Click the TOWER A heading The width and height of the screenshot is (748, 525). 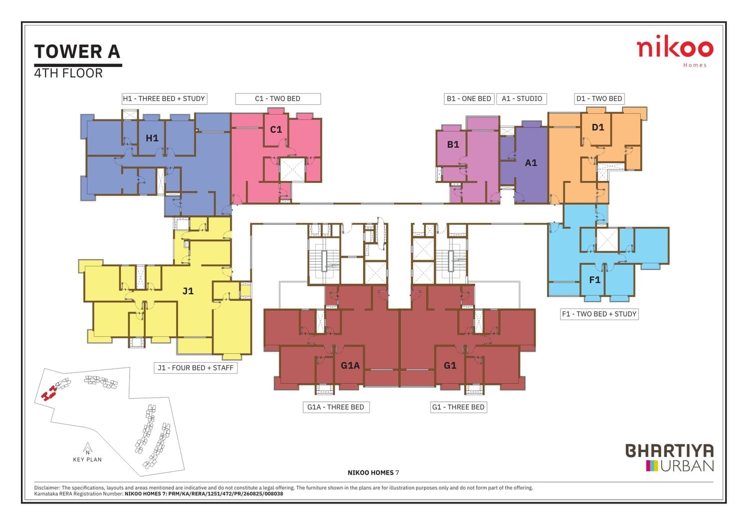[x=77, y=51]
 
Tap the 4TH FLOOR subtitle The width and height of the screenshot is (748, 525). [x=68, y=73]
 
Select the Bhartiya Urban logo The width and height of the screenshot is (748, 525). [x=670, y=457]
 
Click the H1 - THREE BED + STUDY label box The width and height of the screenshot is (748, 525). [x=164, y=99]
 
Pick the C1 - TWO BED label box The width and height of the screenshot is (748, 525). [x=278, y=99]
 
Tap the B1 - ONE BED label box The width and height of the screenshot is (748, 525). [x=469, y=99]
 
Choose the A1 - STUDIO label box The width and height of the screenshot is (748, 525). [x=522, y=99]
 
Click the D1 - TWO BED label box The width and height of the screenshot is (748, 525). [x=599, y=99]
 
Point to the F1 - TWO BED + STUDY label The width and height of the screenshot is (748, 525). [x=599, y=314]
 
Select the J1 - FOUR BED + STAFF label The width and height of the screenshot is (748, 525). [x=195, y=368]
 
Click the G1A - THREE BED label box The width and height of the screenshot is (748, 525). [x=336, y=407]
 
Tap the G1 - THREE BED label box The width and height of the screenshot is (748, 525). [x=458, y=407]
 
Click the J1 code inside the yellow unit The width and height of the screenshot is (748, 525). [x=188, y=291]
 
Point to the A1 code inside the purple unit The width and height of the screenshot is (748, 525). [x=531, y=163]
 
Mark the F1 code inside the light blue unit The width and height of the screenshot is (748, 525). [x=595, y=280]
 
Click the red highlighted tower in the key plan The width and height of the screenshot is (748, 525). [x=48, y=393]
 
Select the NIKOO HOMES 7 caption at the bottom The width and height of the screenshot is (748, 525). [x=374, y=473]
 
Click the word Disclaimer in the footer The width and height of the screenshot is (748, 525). [x=47, y=488]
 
